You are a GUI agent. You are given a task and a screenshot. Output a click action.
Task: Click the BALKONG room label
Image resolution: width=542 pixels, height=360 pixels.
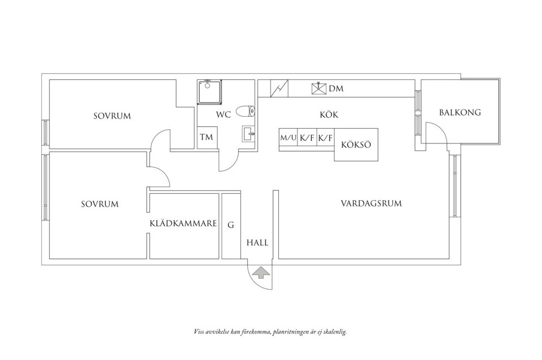point(460,112)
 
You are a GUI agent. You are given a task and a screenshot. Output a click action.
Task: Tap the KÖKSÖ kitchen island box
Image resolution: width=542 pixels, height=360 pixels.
point(356,145)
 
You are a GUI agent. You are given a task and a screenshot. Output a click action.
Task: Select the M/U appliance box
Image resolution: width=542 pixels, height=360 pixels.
point(288,138)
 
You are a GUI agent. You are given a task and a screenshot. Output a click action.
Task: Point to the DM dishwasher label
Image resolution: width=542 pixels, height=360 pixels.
point(336,89)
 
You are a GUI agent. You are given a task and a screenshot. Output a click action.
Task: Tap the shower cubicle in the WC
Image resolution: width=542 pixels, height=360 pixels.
point(210,92)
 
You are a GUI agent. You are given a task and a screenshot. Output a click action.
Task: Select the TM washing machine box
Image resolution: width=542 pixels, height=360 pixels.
point(206,138)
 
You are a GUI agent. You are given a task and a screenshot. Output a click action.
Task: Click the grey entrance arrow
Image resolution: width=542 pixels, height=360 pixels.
point(261,273)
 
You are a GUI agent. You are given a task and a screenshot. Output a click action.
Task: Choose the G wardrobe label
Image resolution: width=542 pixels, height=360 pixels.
point(231,225)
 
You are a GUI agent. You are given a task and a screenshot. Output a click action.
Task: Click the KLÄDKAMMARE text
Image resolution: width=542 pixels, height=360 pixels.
point(184,224)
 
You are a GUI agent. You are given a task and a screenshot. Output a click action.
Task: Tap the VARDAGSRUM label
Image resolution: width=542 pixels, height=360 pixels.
point(371,203)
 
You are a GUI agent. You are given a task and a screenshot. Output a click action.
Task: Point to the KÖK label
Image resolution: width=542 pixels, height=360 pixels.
point(329,115)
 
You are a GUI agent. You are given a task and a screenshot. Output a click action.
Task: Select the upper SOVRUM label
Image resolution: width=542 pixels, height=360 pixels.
point(112,116)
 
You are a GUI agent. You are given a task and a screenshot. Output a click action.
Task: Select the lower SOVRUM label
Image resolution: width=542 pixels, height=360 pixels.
point(99,204)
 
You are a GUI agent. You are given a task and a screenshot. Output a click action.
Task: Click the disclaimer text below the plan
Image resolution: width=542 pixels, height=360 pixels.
point(270,332)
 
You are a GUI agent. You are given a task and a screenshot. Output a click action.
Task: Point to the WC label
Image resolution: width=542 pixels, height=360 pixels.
point(223,115)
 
